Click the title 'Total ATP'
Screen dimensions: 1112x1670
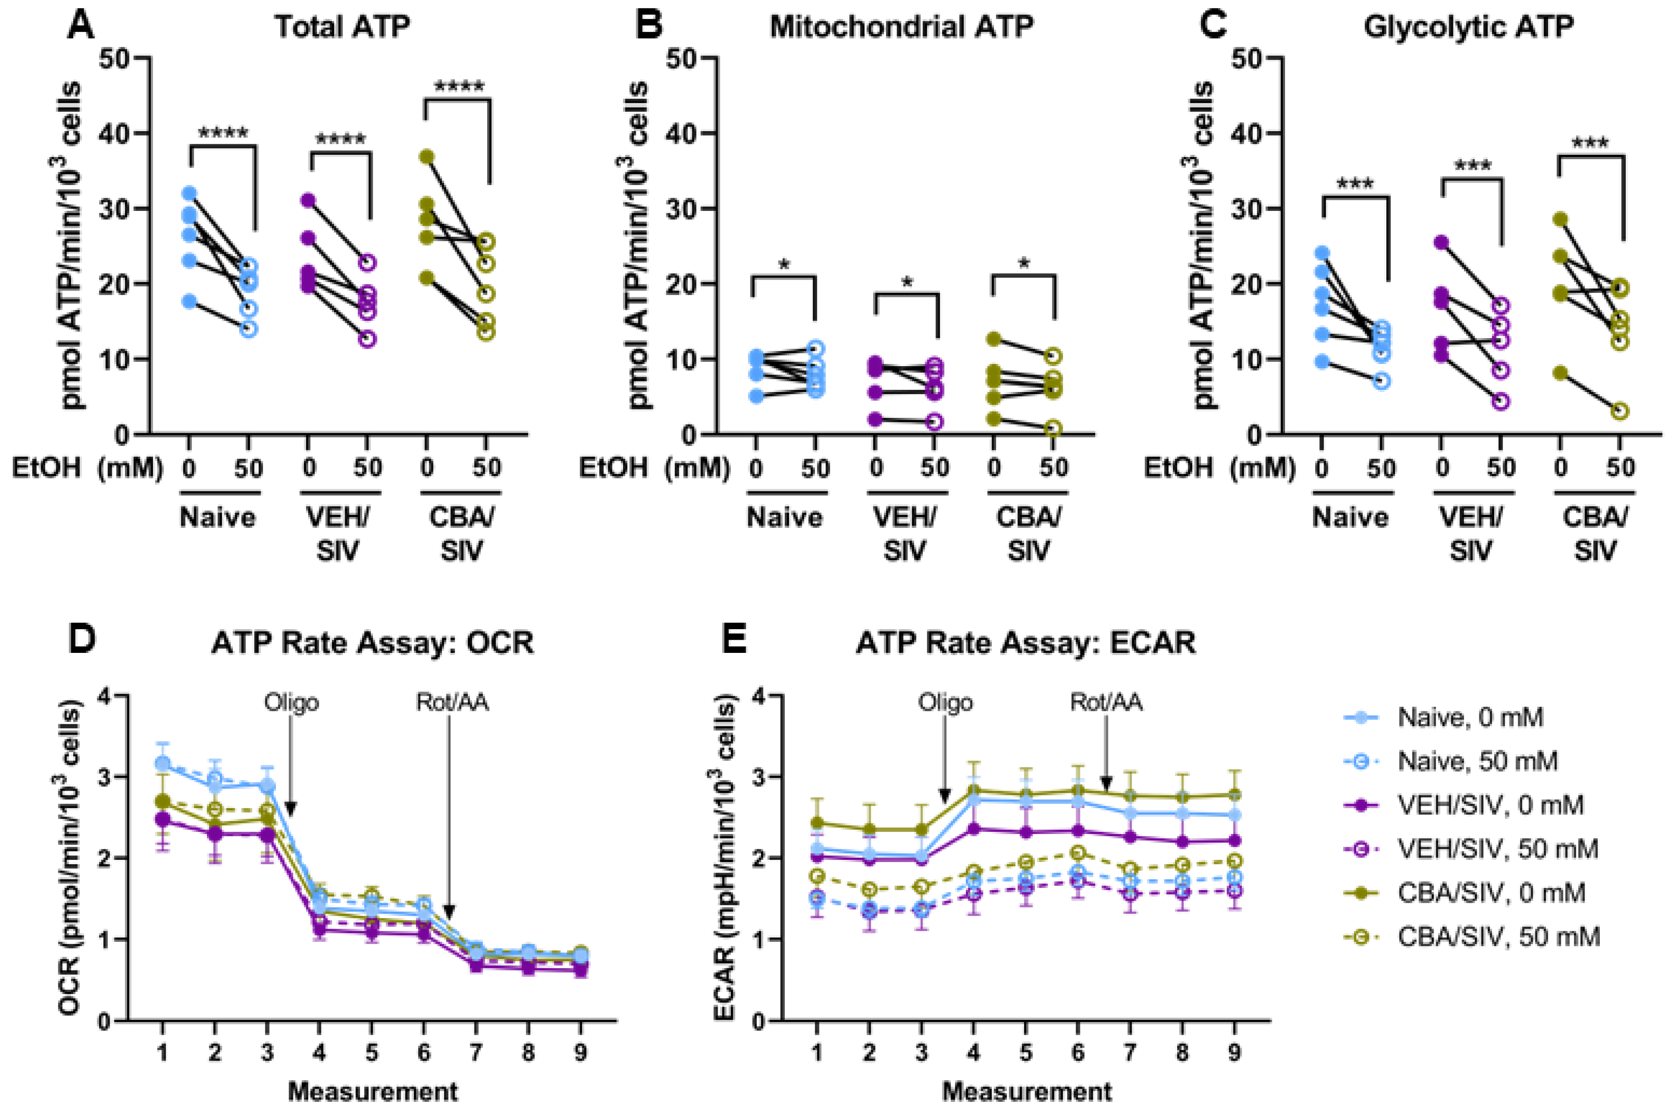(x=342, y=27)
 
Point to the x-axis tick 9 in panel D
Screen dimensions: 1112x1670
(x=580, y=1052)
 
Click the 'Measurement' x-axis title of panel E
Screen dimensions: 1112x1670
(x=1027, y=1091)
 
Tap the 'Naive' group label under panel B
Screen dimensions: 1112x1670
(x=784, y=517)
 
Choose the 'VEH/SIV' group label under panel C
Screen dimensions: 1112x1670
(x=1471, y=533)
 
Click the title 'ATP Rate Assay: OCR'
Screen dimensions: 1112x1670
(x=372, y=642)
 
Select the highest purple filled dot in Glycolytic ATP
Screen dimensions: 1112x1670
(x=1441, y=242)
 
